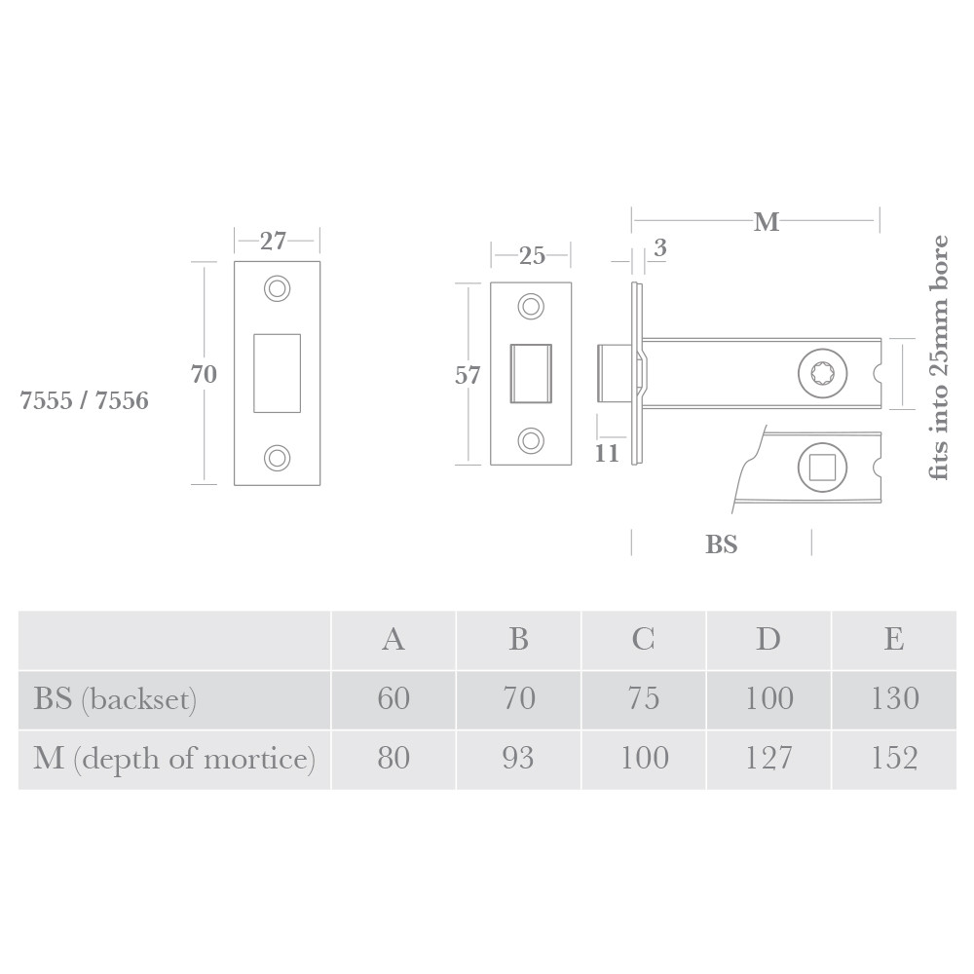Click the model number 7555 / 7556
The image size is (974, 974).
85,400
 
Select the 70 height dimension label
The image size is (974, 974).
205,373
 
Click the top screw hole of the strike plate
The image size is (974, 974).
278,288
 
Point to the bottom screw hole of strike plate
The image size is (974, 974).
278,456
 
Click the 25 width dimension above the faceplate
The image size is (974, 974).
532,256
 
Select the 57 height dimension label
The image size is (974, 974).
468,375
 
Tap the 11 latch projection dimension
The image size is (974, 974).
607,453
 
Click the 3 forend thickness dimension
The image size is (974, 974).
659,248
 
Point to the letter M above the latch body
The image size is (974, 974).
767,223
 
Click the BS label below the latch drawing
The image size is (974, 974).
722,544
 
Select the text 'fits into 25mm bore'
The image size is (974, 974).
939,356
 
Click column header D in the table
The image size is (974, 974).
768,639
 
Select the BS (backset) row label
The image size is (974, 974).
116,698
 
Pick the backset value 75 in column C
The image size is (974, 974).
644,698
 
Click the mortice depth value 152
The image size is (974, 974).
894,758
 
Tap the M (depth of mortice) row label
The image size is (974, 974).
174,758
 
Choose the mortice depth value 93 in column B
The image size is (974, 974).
518,758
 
